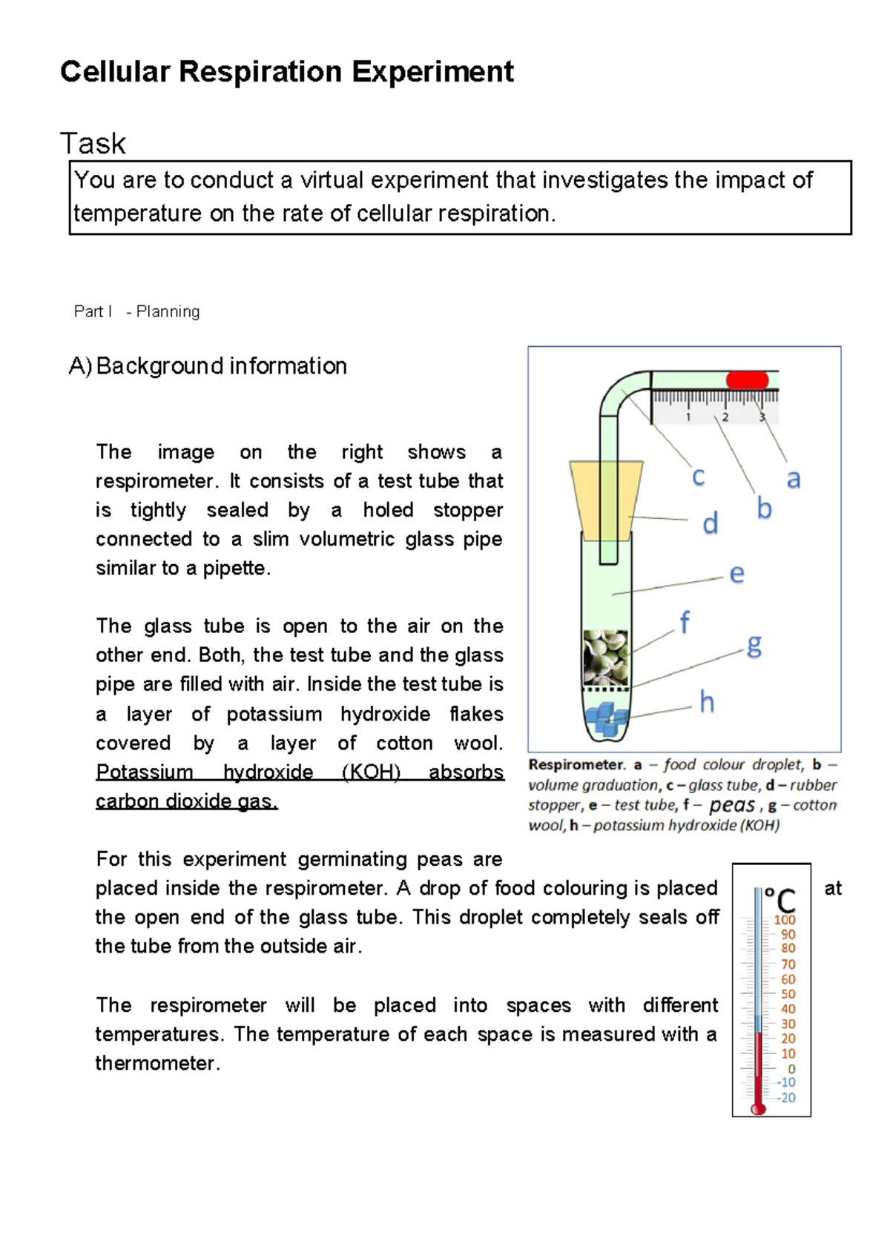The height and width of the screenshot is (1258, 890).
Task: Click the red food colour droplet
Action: click(747, 380)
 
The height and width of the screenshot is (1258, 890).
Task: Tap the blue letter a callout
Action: click(794, 479)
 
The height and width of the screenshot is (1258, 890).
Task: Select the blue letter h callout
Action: click(707, 701)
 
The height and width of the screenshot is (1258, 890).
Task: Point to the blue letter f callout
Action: click(685, 623)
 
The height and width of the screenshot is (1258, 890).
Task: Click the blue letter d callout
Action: click(711, 523)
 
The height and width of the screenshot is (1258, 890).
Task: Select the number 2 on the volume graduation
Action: click(725, 417)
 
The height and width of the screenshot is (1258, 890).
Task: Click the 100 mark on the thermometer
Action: click(785, 919)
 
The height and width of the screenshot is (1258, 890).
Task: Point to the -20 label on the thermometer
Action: click(786, 1098)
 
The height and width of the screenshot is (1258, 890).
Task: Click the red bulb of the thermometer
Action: click(758, 1109)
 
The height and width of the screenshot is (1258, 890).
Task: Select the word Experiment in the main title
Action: click(432, 72)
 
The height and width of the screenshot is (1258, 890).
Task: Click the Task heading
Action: click(93, 143)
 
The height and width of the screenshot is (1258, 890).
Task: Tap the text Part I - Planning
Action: click(136, 311)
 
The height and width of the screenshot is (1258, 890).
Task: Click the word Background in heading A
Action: click(159, 366)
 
